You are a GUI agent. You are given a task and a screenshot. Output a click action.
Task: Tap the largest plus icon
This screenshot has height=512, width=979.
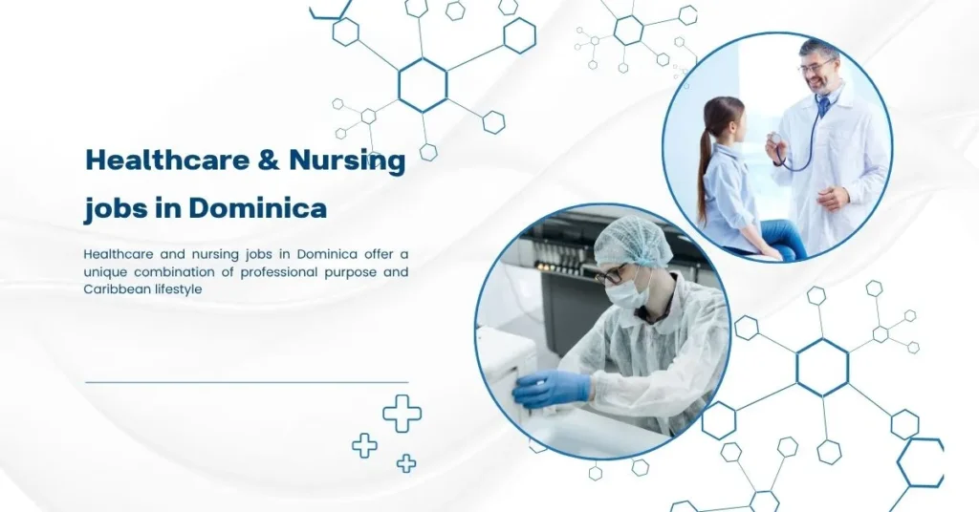pyautogui.click(x=402, y=414)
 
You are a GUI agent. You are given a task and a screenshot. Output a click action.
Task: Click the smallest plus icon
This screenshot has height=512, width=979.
pyautogui.click(x=406, y=463)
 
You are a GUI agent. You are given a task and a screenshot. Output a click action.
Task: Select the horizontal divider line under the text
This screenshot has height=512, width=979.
pyautogui.click(x=247, y=382)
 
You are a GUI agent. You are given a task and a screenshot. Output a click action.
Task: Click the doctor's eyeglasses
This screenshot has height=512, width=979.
pyautogui.click(x=816, y=66)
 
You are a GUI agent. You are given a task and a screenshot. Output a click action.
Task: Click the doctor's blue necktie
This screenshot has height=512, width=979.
pyautogui.click(x=822, y=106)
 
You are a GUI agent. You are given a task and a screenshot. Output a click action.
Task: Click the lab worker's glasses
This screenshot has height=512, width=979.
pyautogui.click(x=611, y=276)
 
